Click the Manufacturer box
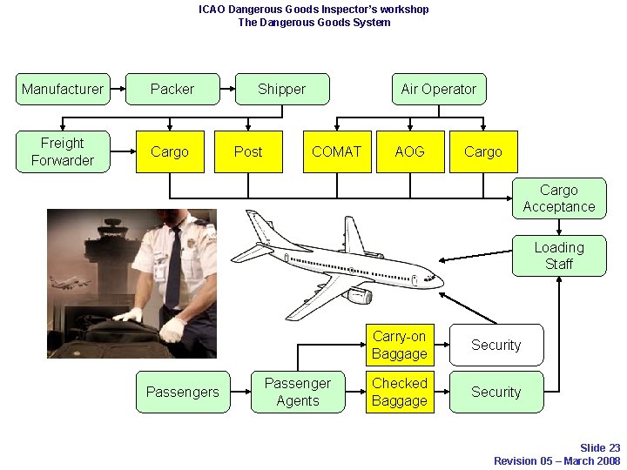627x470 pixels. [63, 89]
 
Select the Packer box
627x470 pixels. [172, 89]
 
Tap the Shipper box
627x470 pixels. [282, 89]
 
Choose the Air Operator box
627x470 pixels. [438, 89]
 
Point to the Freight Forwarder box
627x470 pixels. [63, 151]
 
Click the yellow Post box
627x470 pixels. [248, 151]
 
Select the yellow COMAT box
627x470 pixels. [336, 151]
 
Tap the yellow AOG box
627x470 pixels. [409, 151]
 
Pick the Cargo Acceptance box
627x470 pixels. [559, 198]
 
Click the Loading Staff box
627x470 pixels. [559, 256]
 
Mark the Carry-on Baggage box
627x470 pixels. [399, 345]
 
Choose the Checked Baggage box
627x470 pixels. [399, 392]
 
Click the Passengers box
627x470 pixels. [183, 392]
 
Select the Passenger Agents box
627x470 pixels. [298, 392]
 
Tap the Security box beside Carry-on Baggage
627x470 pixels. [496, 345]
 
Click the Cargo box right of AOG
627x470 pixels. [483, 151]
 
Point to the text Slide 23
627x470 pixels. [600, 448]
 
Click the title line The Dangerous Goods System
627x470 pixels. [313, 23]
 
